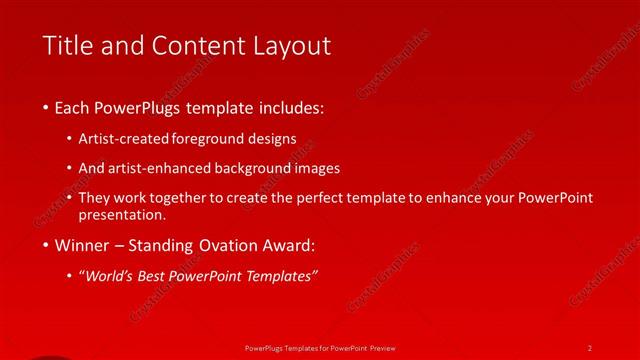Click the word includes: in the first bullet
(291, 107)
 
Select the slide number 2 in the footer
(590, 347)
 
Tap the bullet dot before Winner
(47, 245)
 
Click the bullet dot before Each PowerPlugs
(47, 107)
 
